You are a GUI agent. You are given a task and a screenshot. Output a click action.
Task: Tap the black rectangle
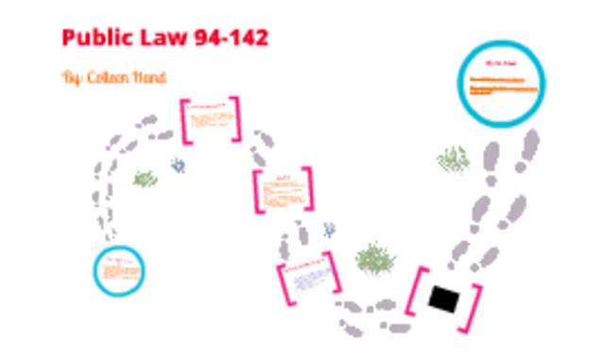click(x=443, y=300)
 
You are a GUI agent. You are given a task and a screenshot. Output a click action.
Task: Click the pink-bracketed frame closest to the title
click(x=211, y=120)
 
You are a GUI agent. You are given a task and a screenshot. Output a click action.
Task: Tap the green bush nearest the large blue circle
click(x=454, y=160)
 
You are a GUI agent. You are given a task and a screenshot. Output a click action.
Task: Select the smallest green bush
click(x=145, y=179)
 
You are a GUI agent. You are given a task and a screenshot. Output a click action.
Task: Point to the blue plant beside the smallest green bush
click(x=177, y=166)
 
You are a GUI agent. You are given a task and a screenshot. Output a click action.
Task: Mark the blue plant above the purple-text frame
click(x=328, y=229)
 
